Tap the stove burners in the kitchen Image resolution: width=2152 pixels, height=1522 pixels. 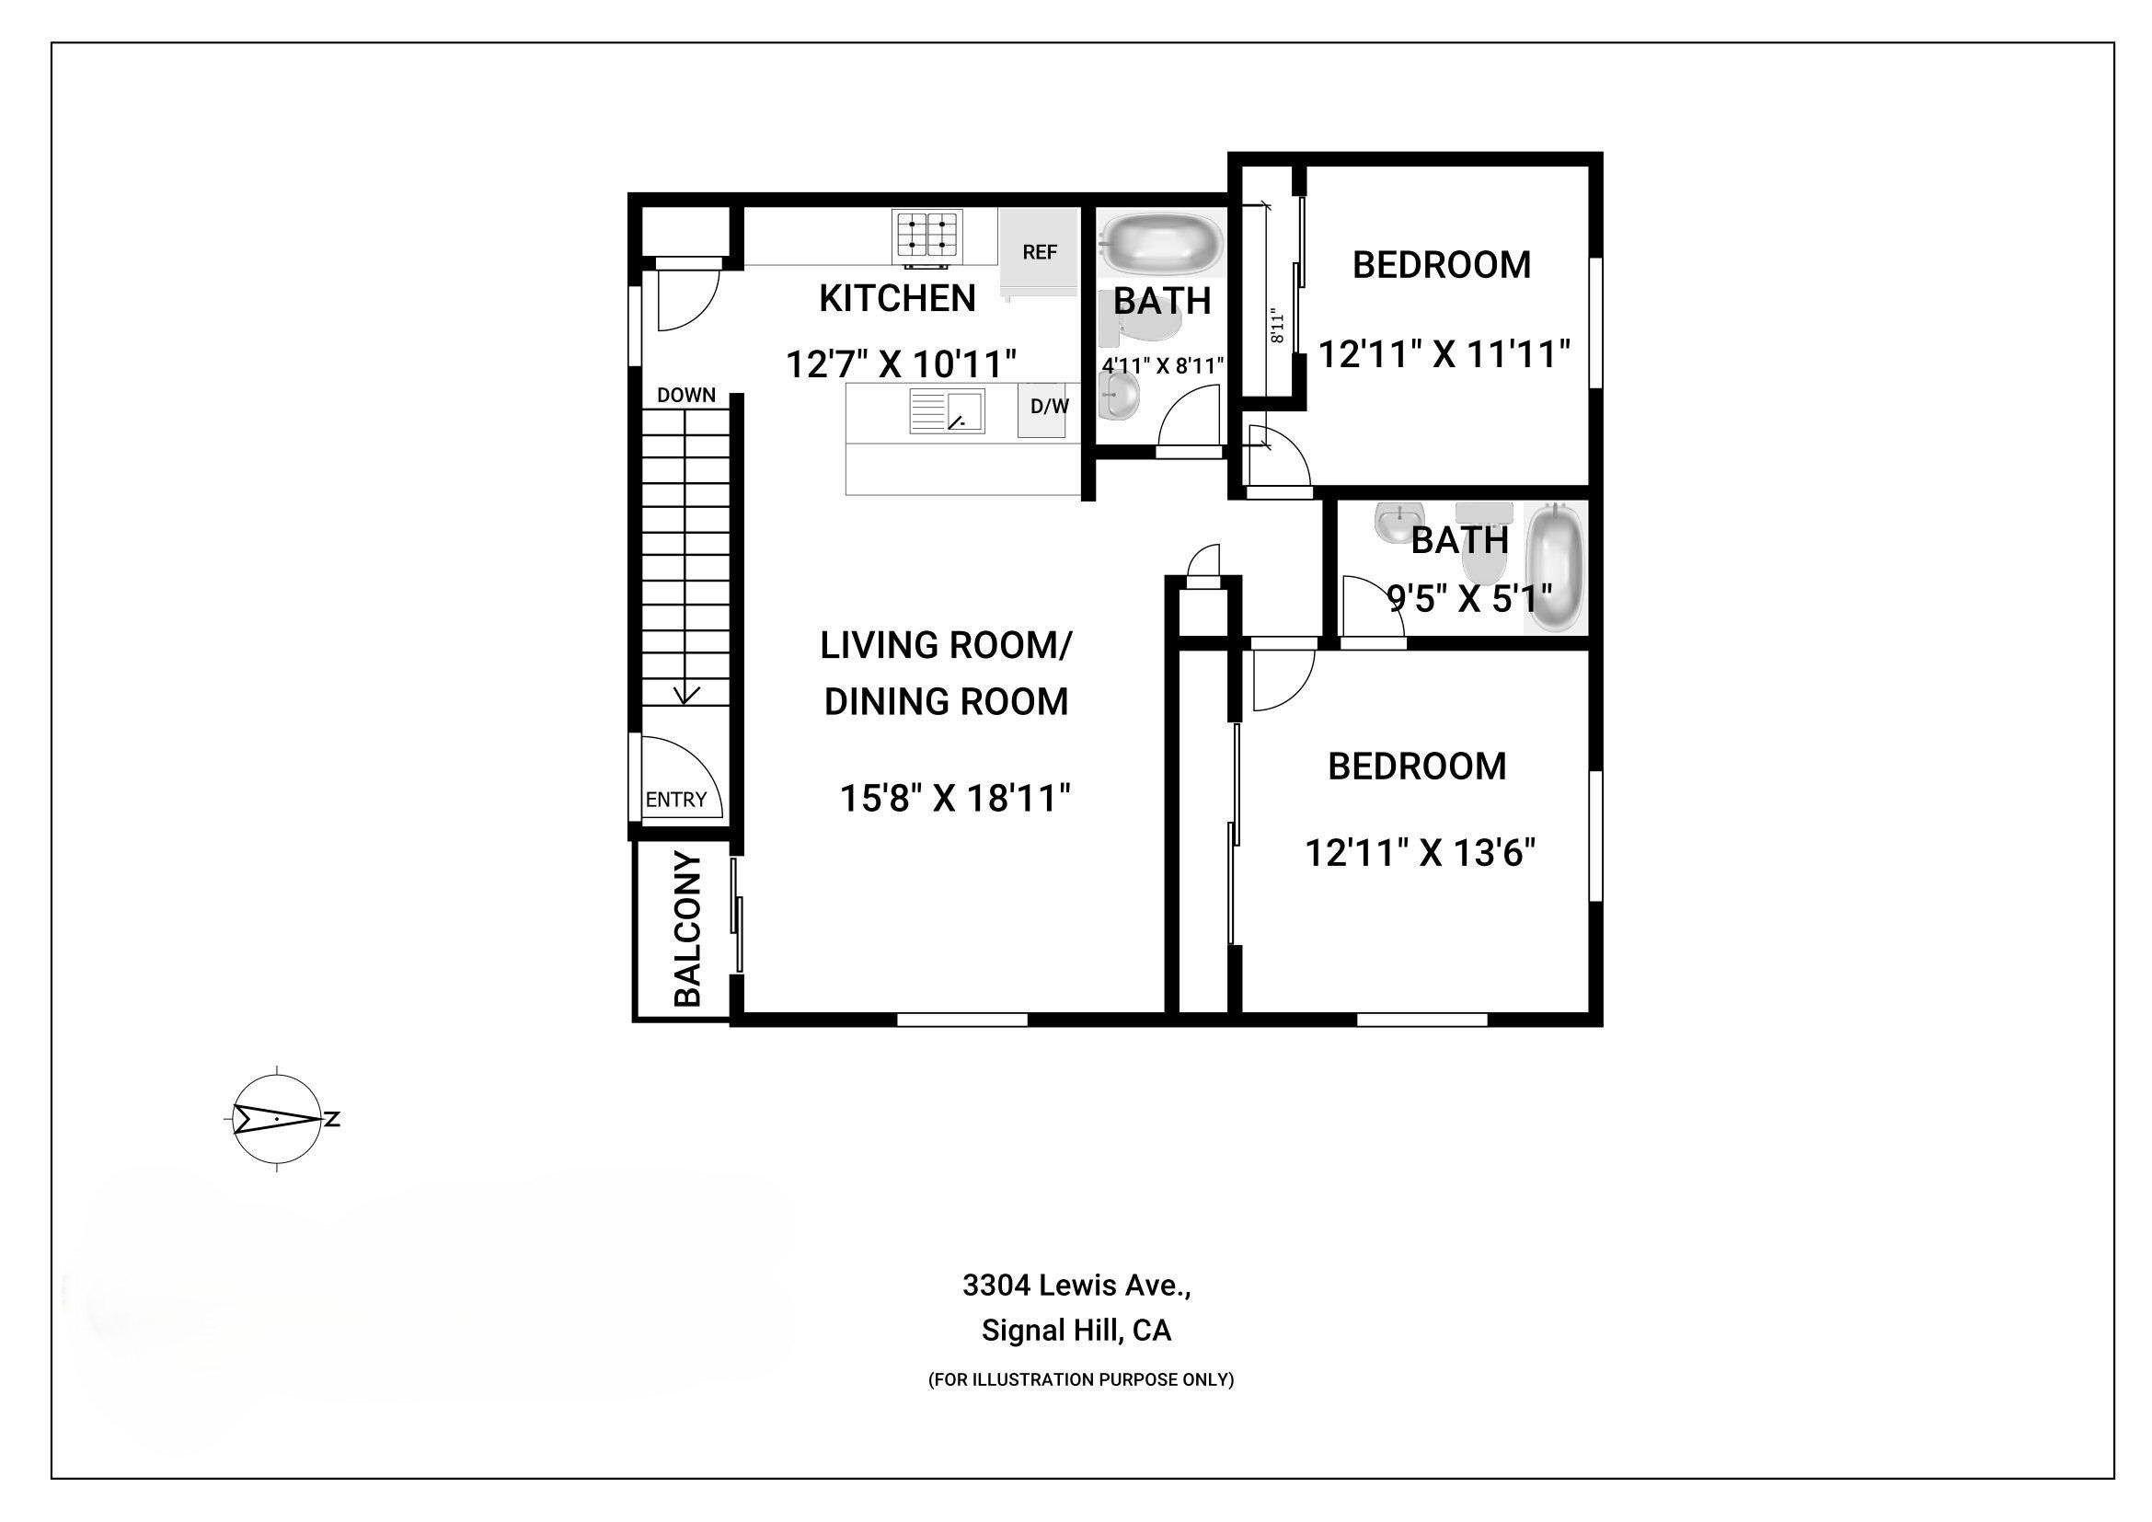point(928,236)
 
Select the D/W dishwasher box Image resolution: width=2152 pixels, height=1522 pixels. point(1042,409)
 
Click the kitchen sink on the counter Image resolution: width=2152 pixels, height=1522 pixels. point(947,410)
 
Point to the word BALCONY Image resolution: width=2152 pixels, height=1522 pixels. point(689,928)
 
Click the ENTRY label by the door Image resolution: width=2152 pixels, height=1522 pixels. point(676,800)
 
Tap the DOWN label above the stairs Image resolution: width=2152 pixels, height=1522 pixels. point(686,395)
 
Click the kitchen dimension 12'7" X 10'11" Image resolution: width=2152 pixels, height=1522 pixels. point(901,363)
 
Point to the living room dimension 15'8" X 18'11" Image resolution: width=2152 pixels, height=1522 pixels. point(955,799)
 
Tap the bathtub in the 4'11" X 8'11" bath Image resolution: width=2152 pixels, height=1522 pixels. point(1162,243)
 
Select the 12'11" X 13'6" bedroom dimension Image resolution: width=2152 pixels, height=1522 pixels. point(1421,853)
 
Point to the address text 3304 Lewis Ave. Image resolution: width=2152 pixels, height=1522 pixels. point(1077,1286)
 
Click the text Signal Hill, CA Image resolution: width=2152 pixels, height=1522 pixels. point(1077,1331)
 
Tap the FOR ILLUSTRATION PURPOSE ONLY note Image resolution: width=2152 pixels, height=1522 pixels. point(1081,1379)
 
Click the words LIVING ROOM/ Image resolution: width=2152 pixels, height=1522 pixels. point(947,645)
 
